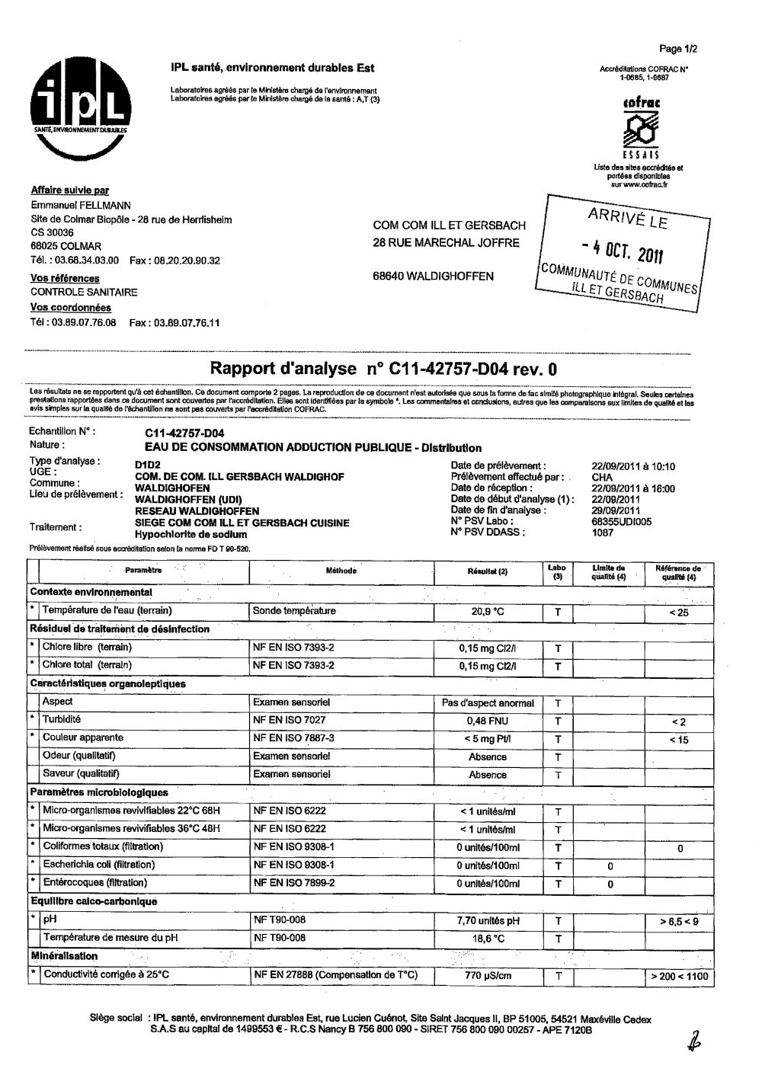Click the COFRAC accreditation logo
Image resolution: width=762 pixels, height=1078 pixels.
(x=641, y=126)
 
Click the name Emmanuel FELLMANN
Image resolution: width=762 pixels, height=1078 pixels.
(x=81, y=206)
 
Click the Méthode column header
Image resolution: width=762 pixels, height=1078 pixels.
(x=341, y=571)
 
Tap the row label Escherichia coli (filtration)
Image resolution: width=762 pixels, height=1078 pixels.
(x=98, y=865)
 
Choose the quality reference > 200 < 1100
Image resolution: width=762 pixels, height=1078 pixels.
(x=678, y=977)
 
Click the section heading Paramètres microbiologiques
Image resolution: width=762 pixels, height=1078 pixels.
(x=99, y=792)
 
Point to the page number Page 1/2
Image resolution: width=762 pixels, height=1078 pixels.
(x=678, y=50)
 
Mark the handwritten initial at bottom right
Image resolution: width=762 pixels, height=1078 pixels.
(x=694, y=1041)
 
